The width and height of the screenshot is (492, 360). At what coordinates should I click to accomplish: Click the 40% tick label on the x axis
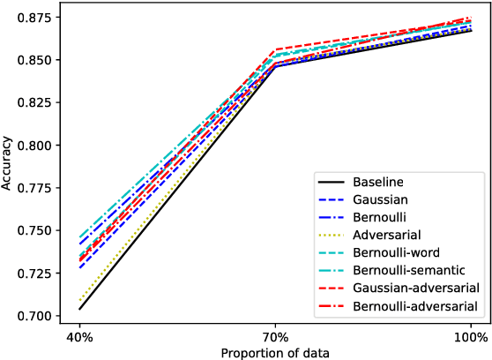79,337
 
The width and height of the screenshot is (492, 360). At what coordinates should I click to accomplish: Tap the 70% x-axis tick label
275,337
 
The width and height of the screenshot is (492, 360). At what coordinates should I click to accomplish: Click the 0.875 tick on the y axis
36,18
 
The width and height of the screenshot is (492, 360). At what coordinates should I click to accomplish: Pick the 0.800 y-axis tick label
36,146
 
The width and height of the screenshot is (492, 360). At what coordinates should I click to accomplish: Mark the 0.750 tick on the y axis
36,230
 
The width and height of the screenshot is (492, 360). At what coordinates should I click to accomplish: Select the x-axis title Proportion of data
275,353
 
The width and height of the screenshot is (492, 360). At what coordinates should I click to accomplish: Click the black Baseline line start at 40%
79,309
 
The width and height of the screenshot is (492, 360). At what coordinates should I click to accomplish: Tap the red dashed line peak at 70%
275,49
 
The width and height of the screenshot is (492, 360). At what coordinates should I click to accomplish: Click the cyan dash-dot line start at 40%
79,237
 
